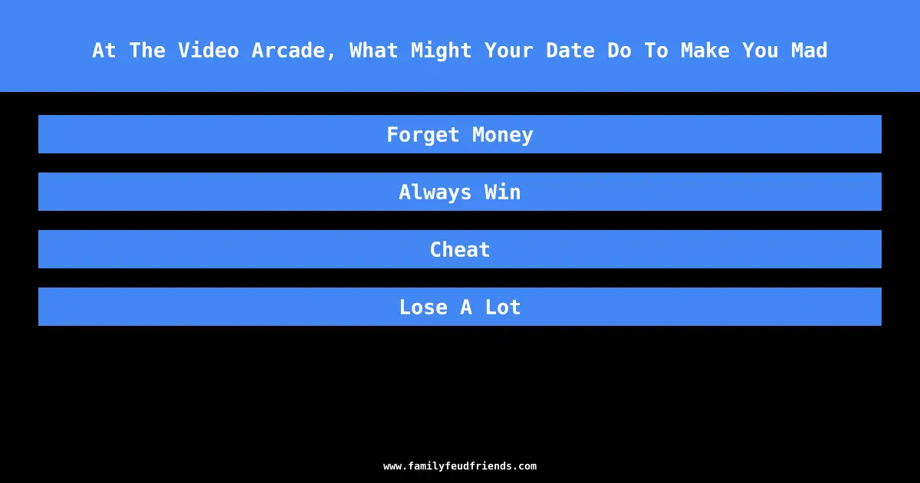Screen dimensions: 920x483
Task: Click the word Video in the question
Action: click(x=209, y=50)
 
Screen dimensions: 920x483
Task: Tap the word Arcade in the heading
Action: click(x=294, y=51)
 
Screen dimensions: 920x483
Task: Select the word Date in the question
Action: click(x=570, y=50)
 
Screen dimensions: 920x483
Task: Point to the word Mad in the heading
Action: click(x=809, y=50)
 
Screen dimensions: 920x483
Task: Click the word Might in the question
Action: click(x=441, y=51)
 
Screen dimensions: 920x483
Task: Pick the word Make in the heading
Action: click(x=705, y=50)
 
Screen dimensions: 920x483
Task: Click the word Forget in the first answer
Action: click(x=422, y=135)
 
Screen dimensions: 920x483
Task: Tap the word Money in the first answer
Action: click(x=502, y=135)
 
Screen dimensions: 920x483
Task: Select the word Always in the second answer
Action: click(x=435, y=192)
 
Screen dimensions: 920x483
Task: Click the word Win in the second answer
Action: click(x=502, y=192)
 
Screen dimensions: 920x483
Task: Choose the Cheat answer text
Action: click(x=460, y=249)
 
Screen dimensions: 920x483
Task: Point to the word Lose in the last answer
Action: click(x=423, y=307)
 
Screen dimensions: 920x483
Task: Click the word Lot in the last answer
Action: click(x=503, y=307)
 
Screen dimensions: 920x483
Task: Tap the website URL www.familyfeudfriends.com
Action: click(x=460, y=466)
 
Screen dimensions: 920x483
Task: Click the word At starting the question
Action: click(x=104, y=50)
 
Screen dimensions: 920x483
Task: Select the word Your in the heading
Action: click(x=508, y=50)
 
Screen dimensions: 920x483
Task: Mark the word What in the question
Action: click(x=374, y=50)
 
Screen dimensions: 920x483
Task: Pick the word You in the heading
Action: click(x=760, y=50)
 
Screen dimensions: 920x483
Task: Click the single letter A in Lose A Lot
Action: click(x=466, y=307)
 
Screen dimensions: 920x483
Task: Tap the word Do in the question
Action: click(x=619, y=50)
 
